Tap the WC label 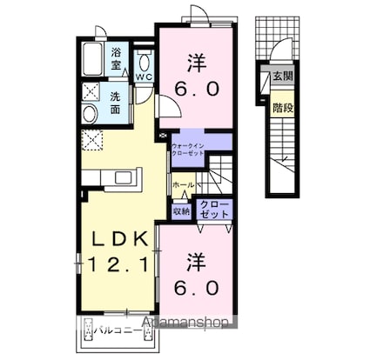point(143,77)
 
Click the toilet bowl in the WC point(144,60)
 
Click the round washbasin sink point(89,114)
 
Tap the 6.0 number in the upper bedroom point(197,90)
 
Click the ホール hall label point(182,185)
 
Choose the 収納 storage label point(181,210)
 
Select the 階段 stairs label point(282,109)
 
